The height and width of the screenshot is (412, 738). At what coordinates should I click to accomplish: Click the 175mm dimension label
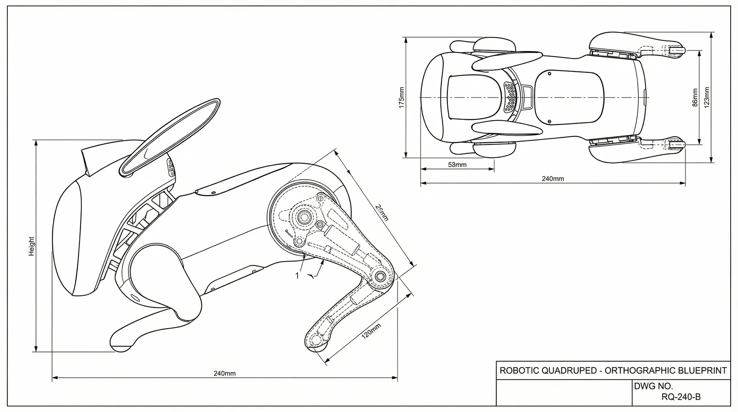tap(402, 98)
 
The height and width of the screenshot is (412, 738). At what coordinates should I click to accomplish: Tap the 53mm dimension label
tap(457, 165)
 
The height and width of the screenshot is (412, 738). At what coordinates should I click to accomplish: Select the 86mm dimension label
tap(695, 98)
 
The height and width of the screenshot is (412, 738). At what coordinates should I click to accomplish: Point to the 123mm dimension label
tap(706, 98)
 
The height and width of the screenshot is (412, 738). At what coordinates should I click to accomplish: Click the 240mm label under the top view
tap(553, 179)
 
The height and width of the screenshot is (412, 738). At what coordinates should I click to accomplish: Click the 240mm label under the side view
tap(224, 373)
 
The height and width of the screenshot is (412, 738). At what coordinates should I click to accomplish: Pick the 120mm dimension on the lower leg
tap(371, 331)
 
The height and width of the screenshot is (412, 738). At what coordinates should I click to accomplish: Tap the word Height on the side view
tap(32, 246)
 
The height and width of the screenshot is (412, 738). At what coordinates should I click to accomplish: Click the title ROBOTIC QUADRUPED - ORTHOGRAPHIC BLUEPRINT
tap(613, 370)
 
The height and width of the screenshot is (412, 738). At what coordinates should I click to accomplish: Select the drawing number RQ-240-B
tap(681, 397)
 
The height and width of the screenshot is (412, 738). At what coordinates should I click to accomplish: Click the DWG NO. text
tap(653, 386)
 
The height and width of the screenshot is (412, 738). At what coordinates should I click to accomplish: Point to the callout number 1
tap(297, 276)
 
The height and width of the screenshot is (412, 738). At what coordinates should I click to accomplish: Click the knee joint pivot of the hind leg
tap(380, 276)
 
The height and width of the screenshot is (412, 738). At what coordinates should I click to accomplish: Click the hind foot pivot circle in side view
tap(316, 339)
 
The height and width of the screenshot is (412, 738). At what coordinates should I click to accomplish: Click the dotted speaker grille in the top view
tap(510, 97)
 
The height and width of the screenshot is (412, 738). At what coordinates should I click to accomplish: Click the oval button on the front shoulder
tap(135, 298)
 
